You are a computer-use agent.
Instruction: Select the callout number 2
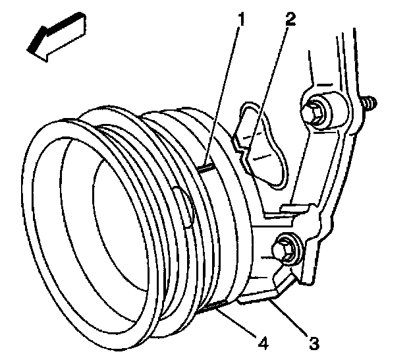click(x=289, y=18)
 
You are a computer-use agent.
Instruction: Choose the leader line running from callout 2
click(x=271, y=80)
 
